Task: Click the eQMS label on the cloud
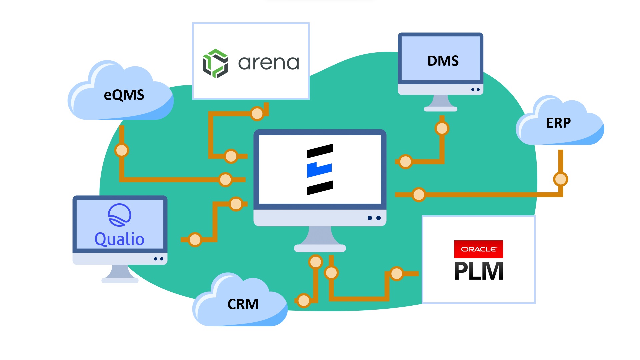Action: pos(124,95)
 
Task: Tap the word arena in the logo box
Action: pos(269,63)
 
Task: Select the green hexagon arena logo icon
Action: pos(215,63)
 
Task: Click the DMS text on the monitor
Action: pos(443,61)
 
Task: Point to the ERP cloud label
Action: pos(558,123)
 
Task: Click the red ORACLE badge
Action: pos(478,249)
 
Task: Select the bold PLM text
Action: pos(478,271)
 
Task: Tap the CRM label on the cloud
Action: pos(243,304)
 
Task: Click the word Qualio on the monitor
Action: pos(119,239)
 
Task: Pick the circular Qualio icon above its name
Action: pos(119,215)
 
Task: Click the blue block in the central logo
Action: pos(319,170)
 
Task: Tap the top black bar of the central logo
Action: pos(320,151)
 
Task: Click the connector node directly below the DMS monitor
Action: pos(442,128)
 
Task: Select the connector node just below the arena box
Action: pos(257,114)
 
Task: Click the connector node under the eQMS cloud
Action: pos(121,150)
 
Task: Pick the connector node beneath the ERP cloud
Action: pos(560,179)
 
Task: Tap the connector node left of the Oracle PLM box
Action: pos(397,274)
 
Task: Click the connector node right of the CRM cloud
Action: pos(304,300)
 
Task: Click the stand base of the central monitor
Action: pos(320,248)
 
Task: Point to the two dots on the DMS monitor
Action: pos(475,89)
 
